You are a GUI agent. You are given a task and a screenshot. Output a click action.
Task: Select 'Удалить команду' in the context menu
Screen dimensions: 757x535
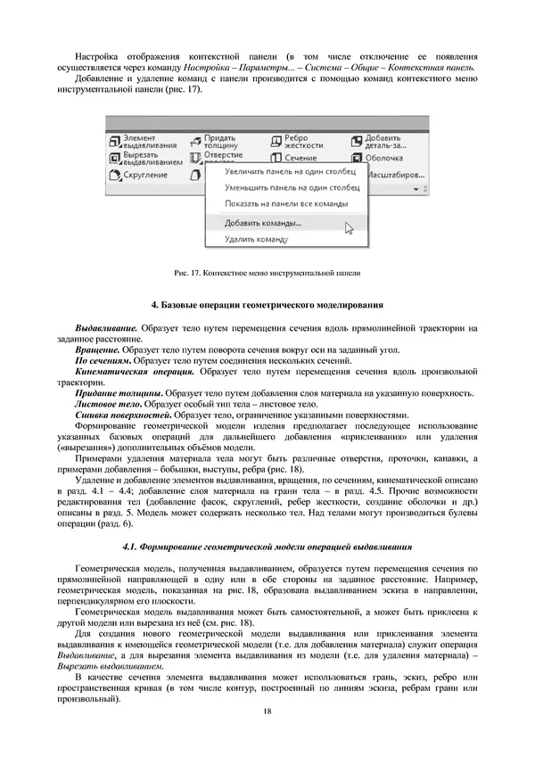(256, 240)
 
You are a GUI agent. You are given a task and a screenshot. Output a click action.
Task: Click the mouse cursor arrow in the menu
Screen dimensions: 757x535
(349, 227)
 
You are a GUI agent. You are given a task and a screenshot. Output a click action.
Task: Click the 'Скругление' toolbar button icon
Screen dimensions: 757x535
(113, 175)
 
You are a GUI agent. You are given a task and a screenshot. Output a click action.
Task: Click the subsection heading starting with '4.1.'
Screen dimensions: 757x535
(267, 545)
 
